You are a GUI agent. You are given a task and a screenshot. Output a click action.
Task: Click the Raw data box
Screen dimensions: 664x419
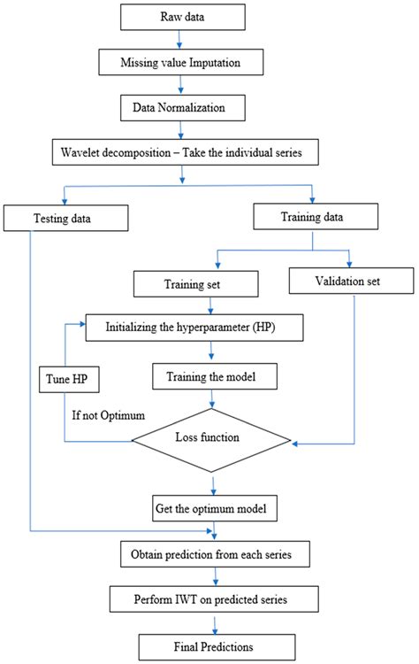click(x=180, y=18)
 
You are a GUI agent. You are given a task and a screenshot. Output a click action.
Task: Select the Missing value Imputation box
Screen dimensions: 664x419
click(x=181, y=63)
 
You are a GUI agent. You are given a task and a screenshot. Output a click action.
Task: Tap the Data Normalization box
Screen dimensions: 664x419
click(x=182, y=108)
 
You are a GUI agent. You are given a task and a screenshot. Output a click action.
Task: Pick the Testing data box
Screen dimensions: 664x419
click(x=63, y=216)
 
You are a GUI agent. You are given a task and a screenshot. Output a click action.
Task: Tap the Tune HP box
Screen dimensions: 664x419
click(x=68, y=378)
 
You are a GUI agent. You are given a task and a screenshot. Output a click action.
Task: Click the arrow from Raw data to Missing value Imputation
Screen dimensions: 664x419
click(x=180, y=41)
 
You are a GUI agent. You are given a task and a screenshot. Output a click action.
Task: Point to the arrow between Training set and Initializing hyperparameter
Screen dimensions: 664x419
click(x=209, y=306)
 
